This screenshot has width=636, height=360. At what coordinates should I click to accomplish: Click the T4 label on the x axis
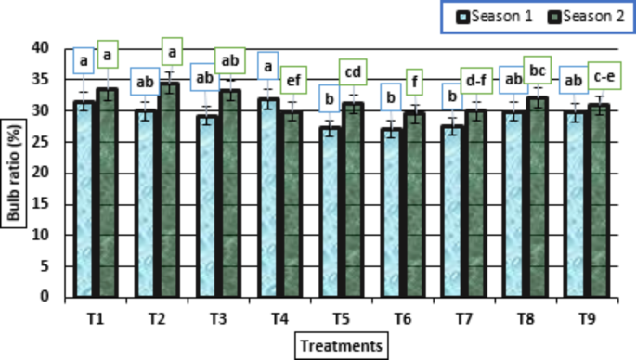pyautogui.click(x=280, y=319)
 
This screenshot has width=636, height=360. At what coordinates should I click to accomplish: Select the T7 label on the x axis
pyautogui.click(x=464, y=319)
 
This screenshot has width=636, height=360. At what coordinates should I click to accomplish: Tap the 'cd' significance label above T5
pyautogui.click(x=354, y=71)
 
